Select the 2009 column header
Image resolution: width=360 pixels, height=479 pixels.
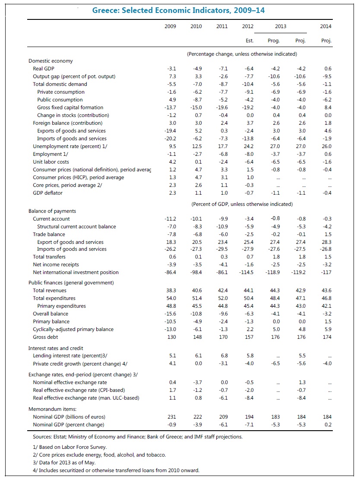coord(171,26)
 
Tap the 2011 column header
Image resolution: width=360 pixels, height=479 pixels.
coord(222,26)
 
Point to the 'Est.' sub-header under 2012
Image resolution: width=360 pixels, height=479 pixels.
coord(249,41)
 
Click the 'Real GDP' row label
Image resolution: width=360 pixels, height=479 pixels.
coord(44,69)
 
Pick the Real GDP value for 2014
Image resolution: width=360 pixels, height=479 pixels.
coord(328,69)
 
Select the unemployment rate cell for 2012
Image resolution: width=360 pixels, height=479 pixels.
coord(248,146)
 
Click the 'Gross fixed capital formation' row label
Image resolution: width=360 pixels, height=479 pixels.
coord(70,107)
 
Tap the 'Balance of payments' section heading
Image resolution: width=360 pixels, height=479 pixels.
coord(52,211)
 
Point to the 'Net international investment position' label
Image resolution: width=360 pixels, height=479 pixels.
coord(76,272)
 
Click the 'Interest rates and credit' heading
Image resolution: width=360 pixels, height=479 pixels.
coord(56,348)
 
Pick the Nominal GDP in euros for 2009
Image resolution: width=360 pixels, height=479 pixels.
coord(171,417)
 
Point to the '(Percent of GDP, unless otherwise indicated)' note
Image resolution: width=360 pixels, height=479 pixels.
coord(242,204)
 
